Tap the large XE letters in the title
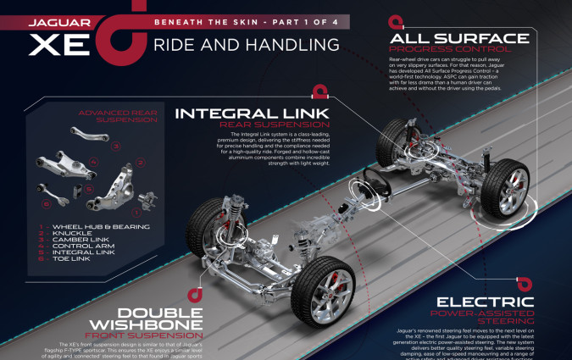click(60, 42)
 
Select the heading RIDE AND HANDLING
click(247, 44)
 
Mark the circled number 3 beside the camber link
click(116, 146)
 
